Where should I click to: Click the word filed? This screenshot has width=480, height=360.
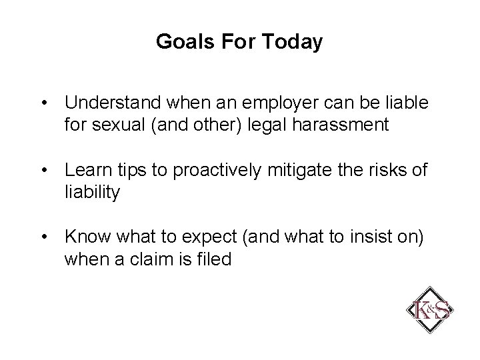pyautogui.click(x=213, y=259)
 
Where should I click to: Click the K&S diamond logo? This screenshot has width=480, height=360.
pyautogui.click(x=430, y=310)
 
